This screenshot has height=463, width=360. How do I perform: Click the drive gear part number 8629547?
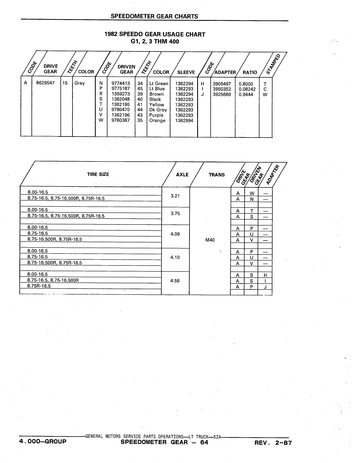coord(45,83)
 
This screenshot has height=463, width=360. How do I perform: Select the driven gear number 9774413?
coord(121,83)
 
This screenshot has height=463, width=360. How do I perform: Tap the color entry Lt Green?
coord(159,84)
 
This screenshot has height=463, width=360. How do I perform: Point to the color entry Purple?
coord(156,115)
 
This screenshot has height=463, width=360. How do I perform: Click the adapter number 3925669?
coord(222,95)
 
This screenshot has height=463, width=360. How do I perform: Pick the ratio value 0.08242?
coord(247,89)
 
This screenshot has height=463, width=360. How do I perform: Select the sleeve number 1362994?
coord(184,121)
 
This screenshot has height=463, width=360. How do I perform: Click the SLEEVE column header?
coord(186,72)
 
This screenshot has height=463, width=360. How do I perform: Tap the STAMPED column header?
coord(273,64)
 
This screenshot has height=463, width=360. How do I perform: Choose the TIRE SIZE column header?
coord(98,174)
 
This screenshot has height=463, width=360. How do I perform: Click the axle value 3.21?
coord(175,196)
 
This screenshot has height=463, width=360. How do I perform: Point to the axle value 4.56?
coord(175,281)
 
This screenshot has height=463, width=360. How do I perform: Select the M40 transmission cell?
coord(210,240)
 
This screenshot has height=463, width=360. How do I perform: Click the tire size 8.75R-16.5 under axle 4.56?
coord(39,286)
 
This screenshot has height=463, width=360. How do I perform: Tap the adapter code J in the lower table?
coord(265,287)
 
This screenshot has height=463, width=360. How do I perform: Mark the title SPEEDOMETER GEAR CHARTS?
coord(154,16)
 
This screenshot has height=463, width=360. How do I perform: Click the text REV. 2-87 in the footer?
coord(273,443)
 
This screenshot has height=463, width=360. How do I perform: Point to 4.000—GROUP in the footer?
coord(42,441)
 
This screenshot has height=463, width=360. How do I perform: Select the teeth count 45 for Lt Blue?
coord(140,89)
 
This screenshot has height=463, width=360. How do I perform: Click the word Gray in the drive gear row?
coord(80,83)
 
